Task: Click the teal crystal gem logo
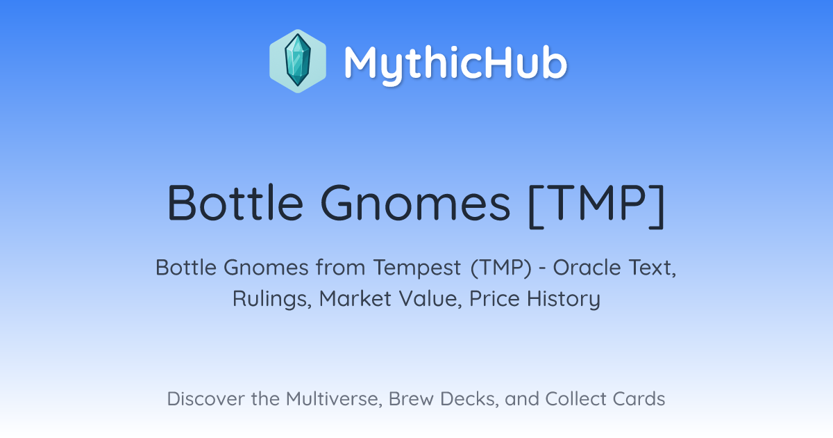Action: (x=298, y=61)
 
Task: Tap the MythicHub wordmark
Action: (x=455, y=64)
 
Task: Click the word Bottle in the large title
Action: (x=235, y=203)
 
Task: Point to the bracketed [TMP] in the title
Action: (x=596, y=206)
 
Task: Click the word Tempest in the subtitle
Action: (x=417, y=268)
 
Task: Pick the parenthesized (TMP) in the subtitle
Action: (x=501, y=268)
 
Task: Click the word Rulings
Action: (x=272, y=299)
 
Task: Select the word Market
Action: (x=355, y=299)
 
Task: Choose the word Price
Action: (x=494, y=299)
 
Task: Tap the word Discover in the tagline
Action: (x=205, y=398)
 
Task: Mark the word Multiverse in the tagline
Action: (x=334, y=398)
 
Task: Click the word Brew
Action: (x=411, y=398)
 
